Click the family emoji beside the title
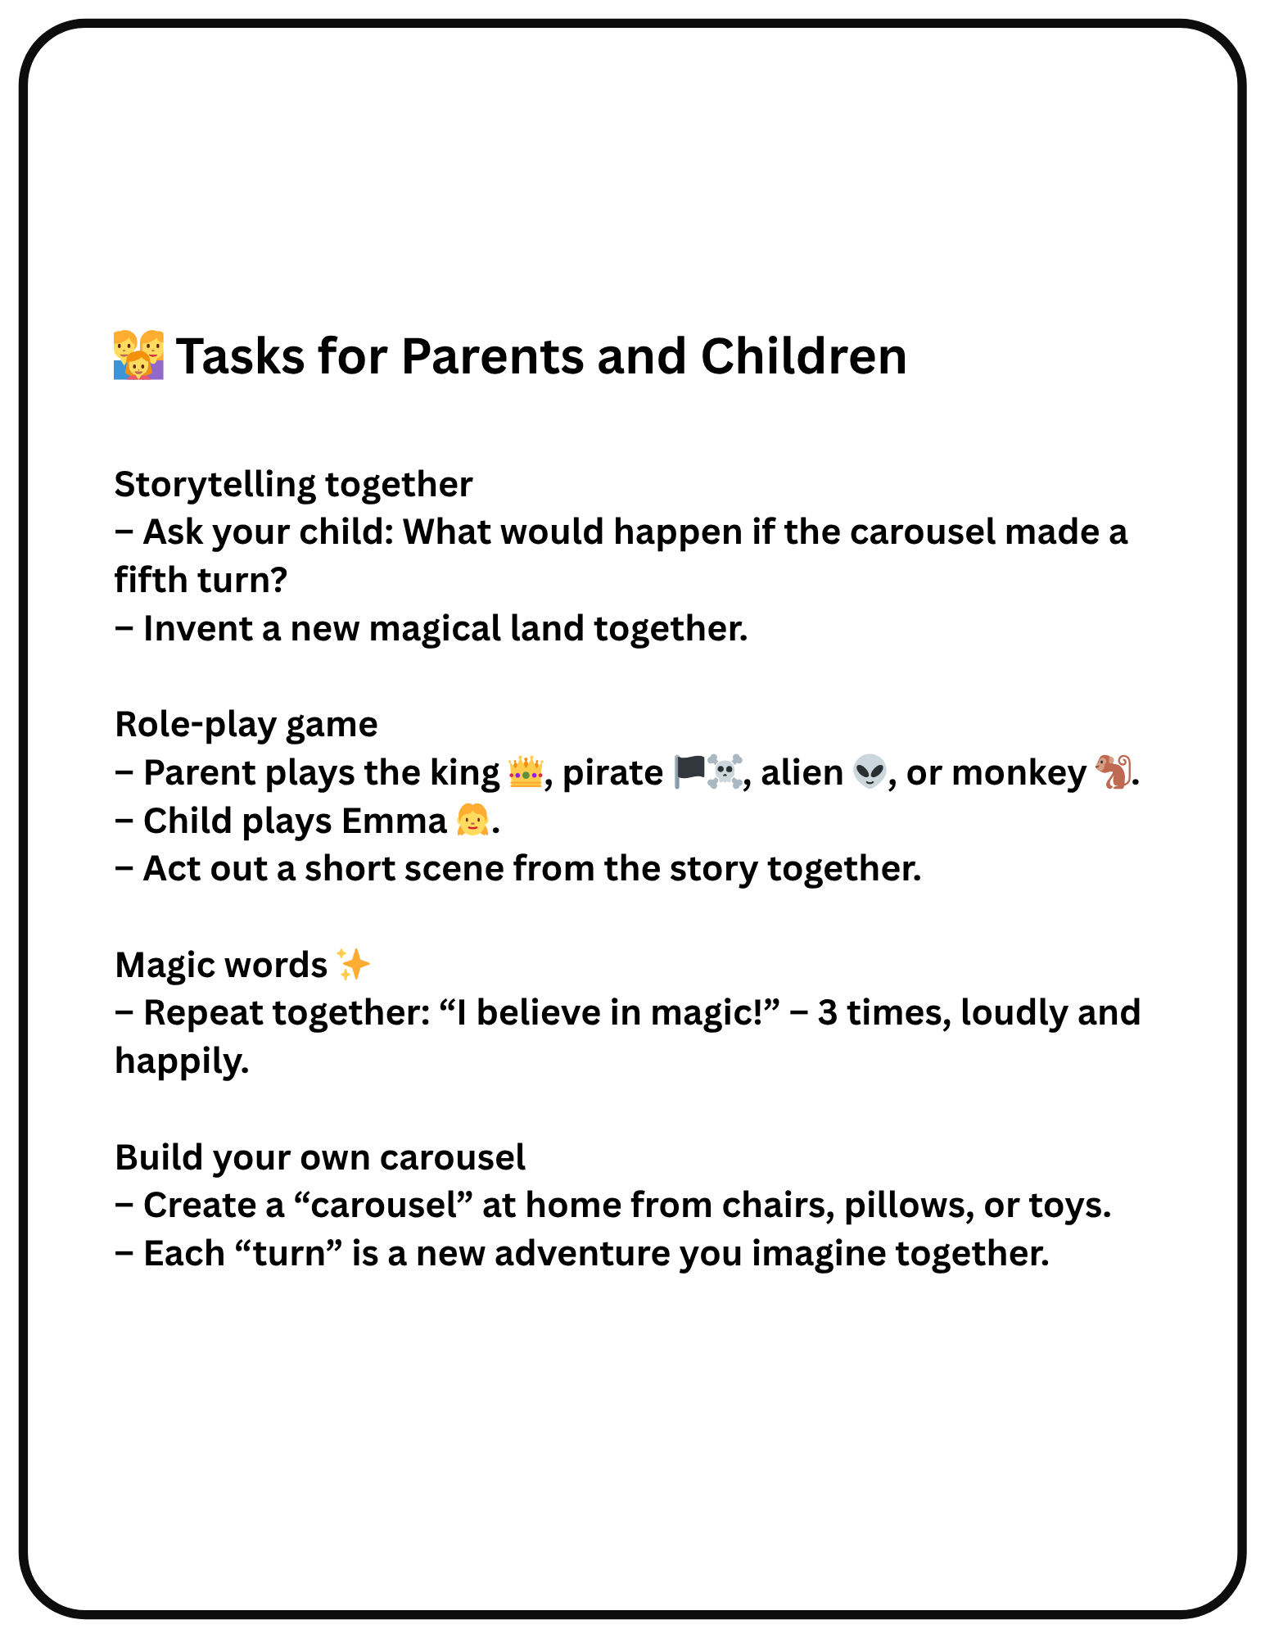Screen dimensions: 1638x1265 pos(138,355)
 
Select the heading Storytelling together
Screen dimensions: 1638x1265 pos(293,484)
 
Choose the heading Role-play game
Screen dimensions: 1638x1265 pos(246,725)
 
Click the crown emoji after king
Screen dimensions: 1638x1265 pos(525,772)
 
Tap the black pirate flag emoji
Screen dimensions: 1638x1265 pos(689,772)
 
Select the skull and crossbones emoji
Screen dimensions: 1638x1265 pos(724,772)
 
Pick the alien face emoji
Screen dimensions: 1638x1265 pos(869,772)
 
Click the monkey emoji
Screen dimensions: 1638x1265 pos(1113,772)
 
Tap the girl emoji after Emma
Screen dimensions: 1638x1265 pos(472,820)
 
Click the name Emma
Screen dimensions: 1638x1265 pos(394,821)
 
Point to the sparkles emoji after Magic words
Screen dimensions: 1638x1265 pos(354,965)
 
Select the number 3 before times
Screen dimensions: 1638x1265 pos(827,1013)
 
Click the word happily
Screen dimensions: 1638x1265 pos(181,1061)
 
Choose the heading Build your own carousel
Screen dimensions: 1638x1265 pos(320,1157)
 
